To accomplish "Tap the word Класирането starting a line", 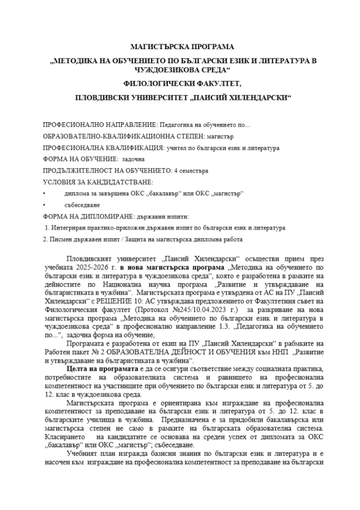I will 62,435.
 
